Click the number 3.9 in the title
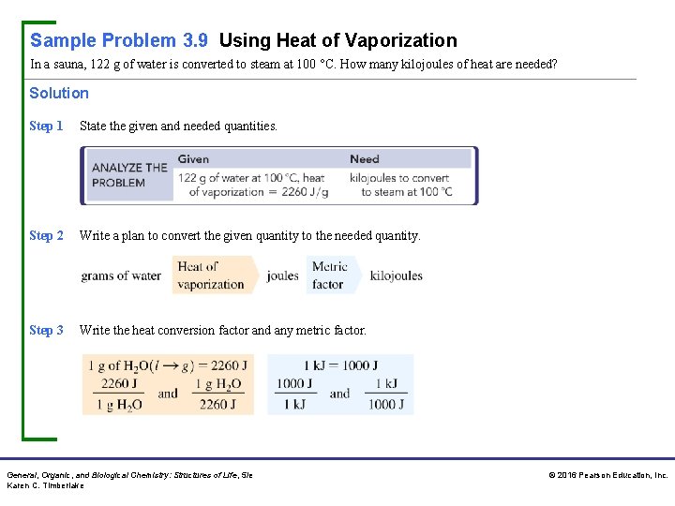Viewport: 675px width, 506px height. [194, 40]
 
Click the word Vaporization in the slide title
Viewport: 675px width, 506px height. [401, 40]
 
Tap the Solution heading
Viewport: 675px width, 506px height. [59, 93]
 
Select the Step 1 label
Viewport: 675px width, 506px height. [46, 126]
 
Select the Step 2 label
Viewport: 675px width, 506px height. [46, 235]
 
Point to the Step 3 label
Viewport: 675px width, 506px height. [46, 330]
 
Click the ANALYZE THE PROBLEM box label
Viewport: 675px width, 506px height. [129, 175]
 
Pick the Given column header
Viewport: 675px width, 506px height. [193, 159]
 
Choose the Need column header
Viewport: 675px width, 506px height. [365, 159]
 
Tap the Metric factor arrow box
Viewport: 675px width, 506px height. [330, 275]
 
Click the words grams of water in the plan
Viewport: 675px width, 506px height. [121, 275]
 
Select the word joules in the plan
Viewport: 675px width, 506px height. [282, 275]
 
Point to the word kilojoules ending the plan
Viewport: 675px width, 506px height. [396, 275]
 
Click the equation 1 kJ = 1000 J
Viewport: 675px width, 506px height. [339, 365]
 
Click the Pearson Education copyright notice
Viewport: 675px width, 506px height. [607, 475]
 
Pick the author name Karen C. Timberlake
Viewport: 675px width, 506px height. [45, 485]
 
